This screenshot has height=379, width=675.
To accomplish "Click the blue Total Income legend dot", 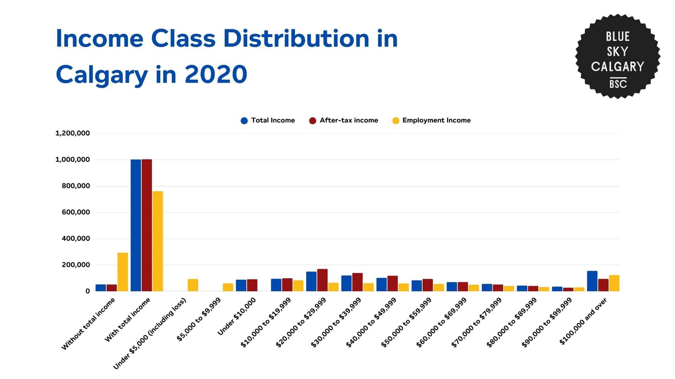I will pos(244,121).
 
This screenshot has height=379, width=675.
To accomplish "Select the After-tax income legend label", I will pos(349,120).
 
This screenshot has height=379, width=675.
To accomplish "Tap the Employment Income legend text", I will pos(436,120).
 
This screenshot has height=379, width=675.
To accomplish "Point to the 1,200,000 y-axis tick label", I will pos(72,133).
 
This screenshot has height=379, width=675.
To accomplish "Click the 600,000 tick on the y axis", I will pos(76,212).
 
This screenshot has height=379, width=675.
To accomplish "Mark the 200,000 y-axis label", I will pos(76,265).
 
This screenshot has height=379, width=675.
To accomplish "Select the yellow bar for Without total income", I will pos(122,272).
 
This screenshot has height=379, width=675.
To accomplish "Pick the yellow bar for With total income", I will pos(157,241).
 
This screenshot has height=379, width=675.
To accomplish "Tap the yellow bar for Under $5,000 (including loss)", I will pos(193,285).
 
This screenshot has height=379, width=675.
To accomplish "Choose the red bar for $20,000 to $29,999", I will pos(322,280).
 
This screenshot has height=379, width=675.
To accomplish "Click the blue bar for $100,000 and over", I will pos(592,281).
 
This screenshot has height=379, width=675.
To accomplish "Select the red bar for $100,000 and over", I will pos(603,285).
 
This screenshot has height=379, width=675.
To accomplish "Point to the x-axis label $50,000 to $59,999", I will pos(407,322).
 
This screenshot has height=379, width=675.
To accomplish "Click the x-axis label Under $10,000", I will pos(237,316).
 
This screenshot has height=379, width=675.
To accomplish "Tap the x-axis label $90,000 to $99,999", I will pos(547,322).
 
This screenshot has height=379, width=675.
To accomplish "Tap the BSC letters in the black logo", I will pos(618,84).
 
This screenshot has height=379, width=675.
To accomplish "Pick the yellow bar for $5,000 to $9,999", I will pos(228,287).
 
